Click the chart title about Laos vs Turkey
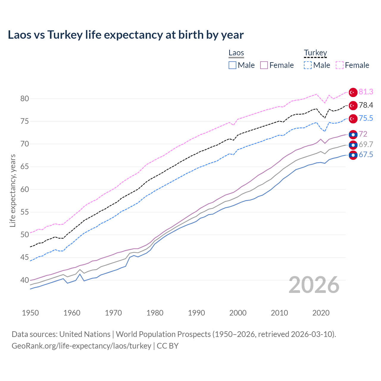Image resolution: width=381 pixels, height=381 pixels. click(126, 35)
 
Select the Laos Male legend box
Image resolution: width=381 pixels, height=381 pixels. click(232, 65)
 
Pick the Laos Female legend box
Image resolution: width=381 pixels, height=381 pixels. click(264, 65)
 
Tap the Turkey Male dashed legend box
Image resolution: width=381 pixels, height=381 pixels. click(308, 65)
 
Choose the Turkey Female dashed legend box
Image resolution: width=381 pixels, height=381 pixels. click(340, 65)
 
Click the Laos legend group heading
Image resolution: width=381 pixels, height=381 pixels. click(236, 53)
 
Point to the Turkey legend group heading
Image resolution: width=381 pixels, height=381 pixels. click(315, 53)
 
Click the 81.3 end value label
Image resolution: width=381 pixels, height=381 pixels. click(366, 92)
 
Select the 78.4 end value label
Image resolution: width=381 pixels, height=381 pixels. click(366, 105)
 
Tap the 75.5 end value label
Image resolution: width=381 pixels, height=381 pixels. click(366, 118)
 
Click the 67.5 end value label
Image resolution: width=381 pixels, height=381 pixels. click(366, 155)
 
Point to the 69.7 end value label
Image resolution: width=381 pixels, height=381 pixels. click(366, 145)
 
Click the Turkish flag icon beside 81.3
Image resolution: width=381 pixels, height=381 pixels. click(353, 93)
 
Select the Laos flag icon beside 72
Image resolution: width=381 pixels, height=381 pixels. click(353, 135)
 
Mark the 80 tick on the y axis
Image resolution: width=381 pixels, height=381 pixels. click(24, 99)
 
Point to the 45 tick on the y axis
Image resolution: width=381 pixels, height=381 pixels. click(24, 257)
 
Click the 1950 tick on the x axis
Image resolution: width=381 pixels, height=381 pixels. click(30, 313)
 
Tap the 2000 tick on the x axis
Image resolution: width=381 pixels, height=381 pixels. click(238, 313)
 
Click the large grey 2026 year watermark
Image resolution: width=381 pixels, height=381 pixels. click(314, 285)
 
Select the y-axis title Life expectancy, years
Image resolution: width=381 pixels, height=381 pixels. click(13, 190)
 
